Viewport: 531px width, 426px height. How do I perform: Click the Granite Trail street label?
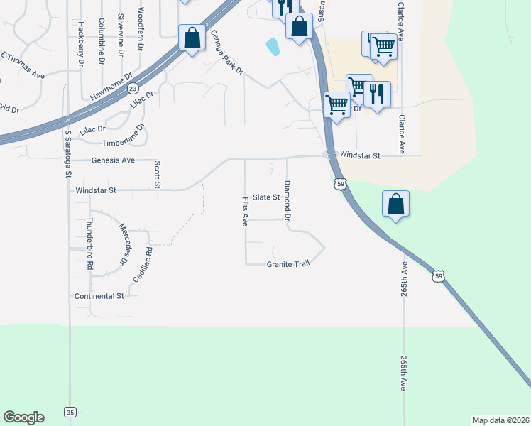288,264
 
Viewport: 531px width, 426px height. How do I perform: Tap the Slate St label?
267,197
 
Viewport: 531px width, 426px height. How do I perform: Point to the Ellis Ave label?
245,211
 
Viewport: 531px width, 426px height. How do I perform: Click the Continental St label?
99,295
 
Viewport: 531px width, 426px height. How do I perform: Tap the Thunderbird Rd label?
90,244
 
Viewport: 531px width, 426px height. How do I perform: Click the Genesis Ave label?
113,160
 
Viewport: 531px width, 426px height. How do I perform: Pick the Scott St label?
157,175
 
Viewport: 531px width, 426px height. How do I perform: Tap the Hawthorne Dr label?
112,86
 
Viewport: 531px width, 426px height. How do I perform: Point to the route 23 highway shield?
133,87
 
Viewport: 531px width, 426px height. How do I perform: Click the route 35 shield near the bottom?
70,411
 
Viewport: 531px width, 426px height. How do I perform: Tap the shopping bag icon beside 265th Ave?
396,204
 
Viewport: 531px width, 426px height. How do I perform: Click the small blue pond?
272,48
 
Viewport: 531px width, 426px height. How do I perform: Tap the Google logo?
23,417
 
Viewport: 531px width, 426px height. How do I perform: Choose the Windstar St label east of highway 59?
361,155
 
